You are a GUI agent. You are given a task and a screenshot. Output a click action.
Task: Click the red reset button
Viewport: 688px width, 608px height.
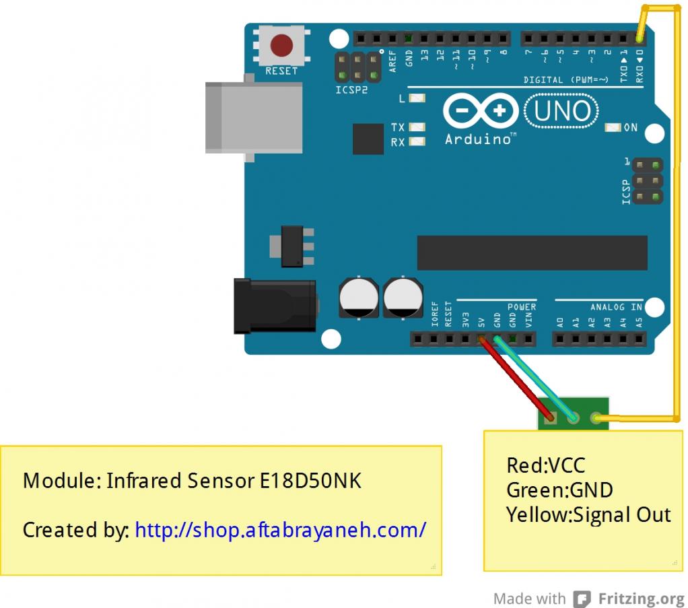point(281,46)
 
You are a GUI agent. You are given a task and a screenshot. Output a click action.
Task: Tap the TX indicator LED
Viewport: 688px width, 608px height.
point(417,127)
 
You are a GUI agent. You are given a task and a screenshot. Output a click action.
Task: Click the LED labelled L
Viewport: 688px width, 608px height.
point(417,98)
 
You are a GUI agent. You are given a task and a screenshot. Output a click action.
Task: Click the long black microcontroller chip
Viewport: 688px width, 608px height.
point(532,252)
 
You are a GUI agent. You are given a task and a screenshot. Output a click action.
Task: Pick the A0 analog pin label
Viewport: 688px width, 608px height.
point(560,322)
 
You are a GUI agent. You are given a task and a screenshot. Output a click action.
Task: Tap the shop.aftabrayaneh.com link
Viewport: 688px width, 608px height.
point(280,530)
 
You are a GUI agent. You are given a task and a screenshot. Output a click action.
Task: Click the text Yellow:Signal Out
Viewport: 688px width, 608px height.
point(588,515)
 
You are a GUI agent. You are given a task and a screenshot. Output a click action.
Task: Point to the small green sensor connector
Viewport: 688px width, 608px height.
point(573,413)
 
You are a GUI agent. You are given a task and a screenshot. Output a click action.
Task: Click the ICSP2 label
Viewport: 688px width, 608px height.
point(352,90)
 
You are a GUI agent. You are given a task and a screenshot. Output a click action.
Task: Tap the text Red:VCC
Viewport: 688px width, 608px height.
point(545,465)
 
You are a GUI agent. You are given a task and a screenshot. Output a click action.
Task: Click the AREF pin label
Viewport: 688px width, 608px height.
point(394,62)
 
